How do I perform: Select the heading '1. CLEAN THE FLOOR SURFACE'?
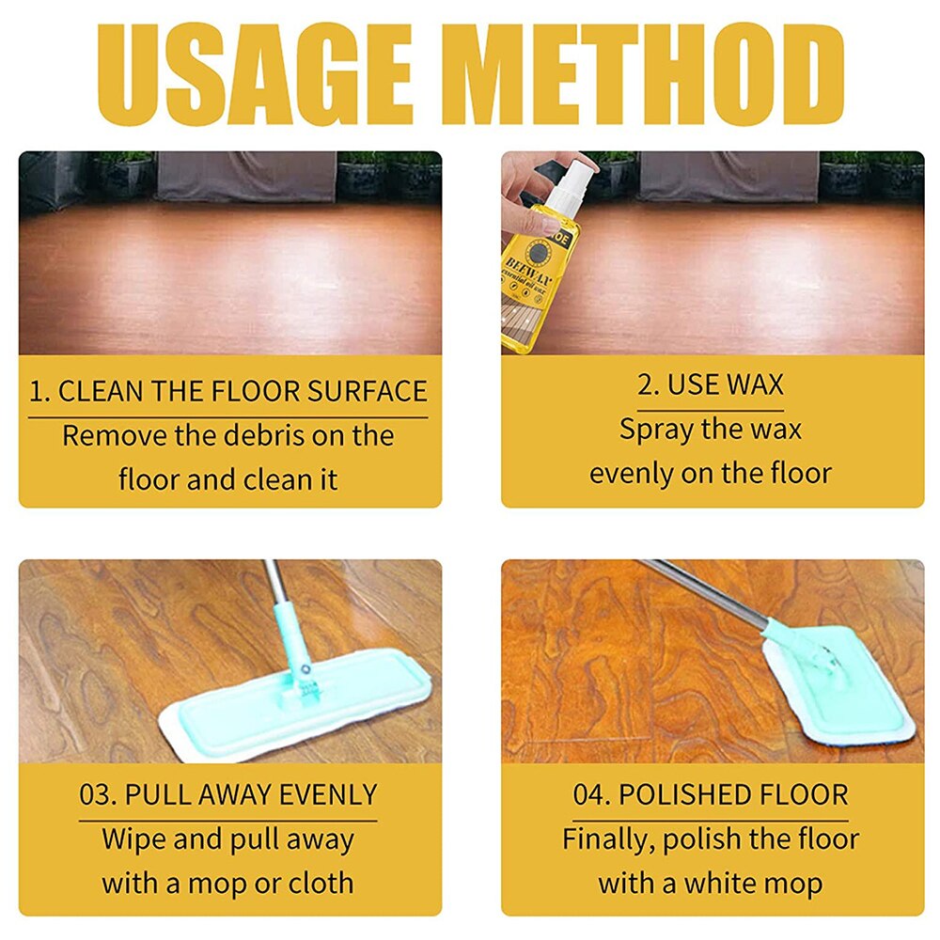pyautogui.click(x=227, y=391)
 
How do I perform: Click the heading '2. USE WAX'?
pyautogui.click(x=710, y=384)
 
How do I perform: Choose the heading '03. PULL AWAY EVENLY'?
pyautogui.click(x=227, y=794)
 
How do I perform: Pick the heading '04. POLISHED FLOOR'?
pyautogui.click(x=710, y=794)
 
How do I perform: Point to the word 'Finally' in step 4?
pyautogui.click(x=608, y=838)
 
